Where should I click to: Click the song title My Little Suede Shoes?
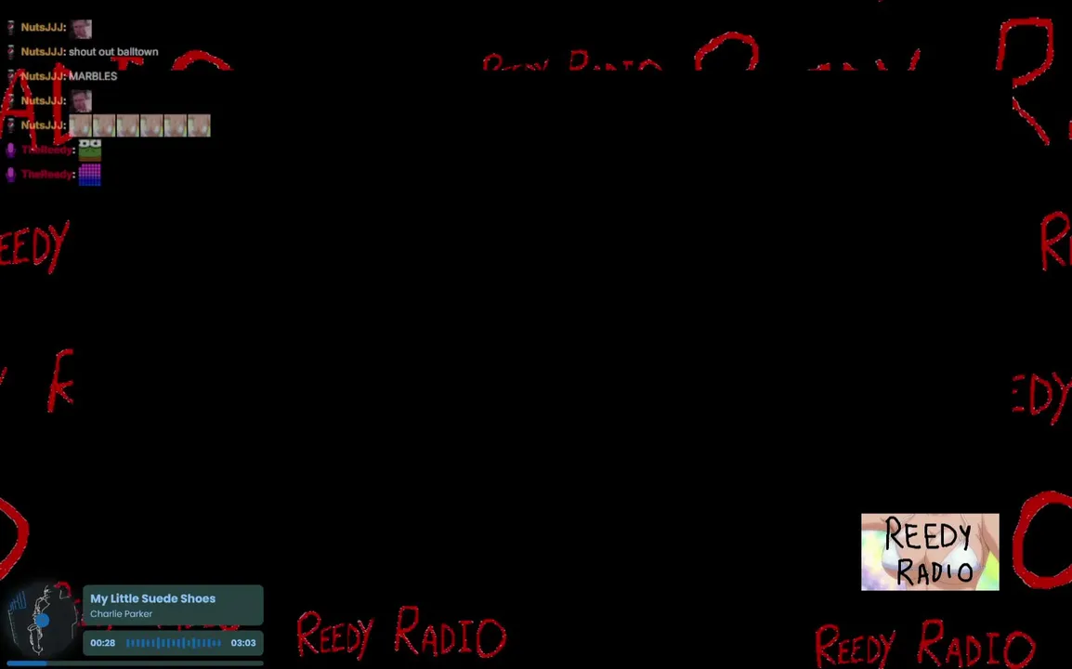click(152, 598)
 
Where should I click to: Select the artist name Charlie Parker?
click(121, 614)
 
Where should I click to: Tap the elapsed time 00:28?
click(102, 643)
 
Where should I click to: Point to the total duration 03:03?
click(243, 643)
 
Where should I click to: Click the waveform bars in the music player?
click(174, 643)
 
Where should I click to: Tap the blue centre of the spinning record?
click(42, 620)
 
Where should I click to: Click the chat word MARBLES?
click(93, 76)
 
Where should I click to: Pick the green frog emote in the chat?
click(89, 149)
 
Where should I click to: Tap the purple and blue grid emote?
click(89, 174)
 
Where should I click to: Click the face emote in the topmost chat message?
click(81, 28)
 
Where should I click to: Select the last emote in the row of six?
click(199, 125)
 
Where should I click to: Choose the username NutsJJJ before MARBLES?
click(43, 76)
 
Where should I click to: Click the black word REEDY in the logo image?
click(927, 537)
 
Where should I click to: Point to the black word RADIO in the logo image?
click(935, 570)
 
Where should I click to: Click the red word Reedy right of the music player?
click(334, 634)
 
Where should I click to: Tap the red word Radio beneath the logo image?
click(975, 648)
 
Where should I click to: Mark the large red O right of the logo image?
click(1042, 541)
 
